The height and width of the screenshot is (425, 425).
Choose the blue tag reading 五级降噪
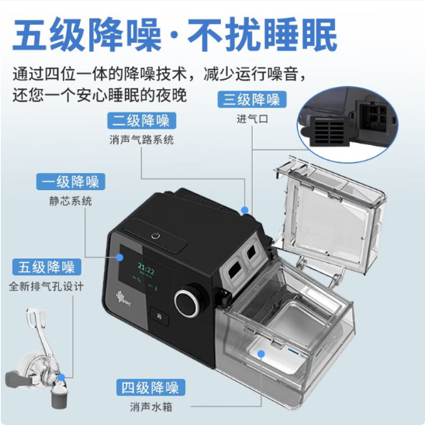[45, 268]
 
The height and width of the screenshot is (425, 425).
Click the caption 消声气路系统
[141, 140]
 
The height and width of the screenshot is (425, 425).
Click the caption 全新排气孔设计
[46, 287]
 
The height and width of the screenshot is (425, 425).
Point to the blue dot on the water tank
[261, 353]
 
